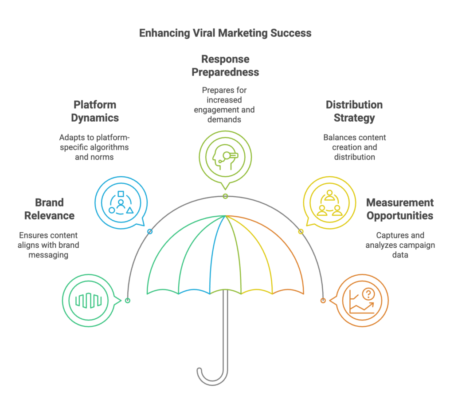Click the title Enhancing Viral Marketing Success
click(225, 33)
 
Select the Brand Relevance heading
click(49, 209)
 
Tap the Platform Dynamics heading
click(95, 111)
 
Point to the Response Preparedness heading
click(225, 65)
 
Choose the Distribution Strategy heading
click(354, 111)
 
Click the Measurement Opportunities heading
click(399, 209)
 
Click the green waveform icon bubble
click(89, 301)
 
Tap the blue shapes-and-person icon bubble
click(121, 202)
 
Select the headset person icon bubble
click(225, 156)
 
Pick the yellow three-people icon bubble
click(329, 202)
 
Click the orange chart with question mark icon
click(362, 301)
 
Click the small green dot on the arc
click(128, 301)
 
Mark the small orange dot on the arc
click(323, 301)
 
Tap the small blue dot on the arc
click(150, 231)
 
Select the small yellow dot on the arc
click(301, 231)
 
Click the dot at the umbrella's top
click(225, 196)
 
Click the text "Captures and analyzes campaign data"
click(400, 245)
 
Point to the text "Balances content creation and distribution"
click(354, 147)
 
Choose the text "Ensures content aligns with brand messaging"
click(49, 245)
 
